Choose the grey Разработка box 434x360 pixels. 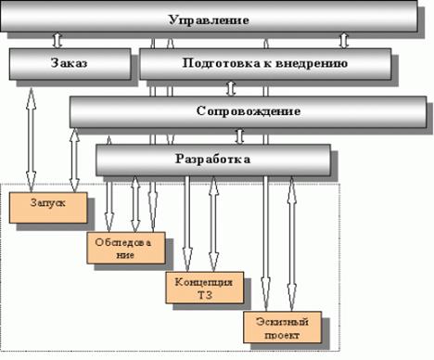point(213,159)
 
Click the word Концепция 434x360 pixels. point(198,280)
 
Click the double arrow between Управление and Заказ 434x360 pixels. point(57,41)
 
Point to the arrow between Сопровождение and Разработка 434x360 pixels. point(239,135)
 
